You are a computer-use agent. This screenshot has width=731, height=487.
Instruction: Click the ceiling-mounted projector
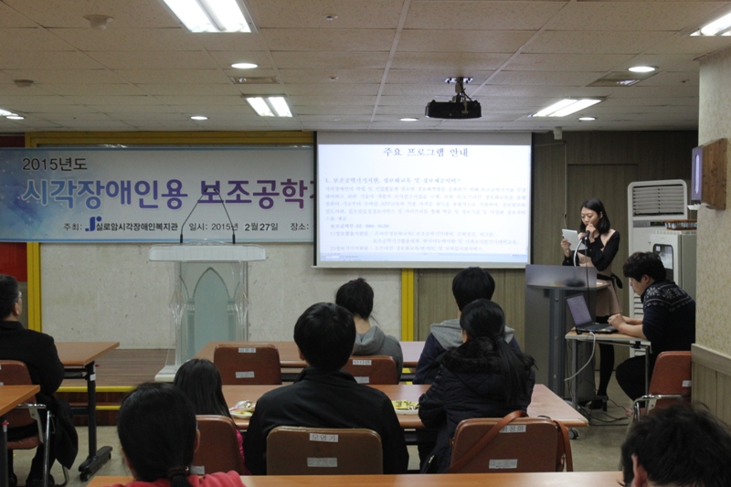(453, 108)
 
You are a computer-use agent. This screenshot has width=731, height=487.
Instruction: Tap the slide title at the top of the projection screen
(422, 151)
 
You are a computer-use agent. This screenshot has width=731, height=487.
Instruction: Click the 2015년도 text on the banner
(58, 164)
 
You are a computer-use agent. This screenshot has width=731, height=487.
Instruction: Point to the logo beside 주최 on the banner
(93, 224)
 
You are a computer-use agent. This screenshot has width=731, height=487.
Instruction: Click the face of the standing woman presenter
(594, 217)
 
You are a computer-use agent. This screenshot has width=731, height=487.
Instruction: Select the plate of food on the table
(405, 406)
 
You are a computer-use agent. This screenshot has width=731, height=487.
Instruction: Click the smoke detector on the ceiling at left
(98, 20)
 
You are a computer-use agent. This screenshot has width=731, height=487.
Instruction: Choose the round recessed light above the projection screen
(244, 66)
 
